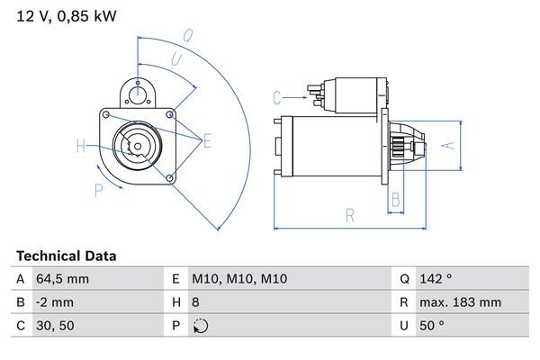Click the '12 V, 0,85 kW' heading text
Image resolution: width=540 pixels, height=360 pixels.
66,15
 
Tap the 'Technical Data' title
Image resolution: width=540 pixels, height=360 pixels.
66,256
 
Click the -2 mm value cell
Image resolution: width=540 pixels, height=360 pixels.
56,302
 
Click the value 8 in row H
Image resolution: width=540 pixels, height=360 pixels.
195,302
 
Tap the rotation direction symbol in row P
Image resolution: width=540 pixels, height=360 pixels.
199,326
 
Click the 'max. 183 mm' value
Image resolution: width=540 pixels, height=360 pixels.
463,302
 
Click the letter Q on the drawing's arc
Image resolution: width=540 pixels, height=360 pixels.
188,36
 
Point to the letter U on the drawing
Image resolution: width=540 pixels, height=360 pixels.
176,58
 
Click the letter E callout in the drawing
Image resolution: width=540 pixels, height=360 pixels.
207,139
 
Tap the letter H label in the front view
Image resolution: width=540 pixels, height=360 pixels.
81,147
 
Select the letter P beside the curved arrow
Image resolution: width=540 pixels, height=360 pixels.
98,190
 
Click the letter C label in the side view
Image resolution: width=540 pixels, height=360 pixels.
277,96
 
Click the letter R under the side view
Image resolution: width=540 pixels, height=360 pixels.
350,214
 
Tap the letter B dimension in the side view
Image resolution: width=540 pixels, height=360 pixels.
396,200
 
